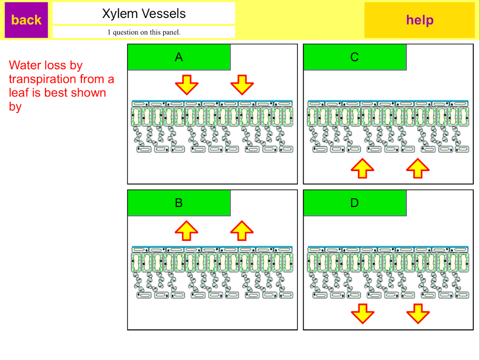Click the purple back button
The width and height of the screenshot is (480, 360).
[26, 20]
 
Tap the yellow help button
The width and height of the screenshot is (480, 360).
[419, 20]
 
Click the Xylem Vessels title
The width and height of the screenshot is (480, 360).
[144, 13]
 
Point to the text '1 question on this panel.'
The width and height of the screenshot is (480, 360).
[144, 32]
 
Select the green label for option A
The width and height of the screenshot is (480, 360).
[179, 57]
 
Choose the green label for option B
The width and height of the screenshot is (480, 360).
[179, 203]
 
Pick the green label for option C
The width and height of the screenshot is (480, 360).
[354, 57]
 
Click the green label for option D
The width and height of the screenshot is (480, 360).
[354, 203]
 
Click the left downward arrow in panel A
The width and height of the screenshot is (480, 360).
[187, 84]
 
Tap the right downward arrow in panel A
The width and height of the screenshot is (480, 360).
[242, 84]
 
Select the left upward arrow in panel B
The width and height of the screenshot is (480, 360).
[187, 230]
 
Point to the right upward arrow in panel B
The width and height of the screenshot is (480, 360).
[242, 230]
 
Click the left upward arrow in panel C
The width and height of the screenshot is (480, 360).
[362, 168]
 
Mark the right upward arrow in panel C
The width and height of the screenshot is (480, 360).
[417, 168]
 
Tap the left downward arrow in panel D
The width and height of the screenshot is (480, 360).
[362, 314]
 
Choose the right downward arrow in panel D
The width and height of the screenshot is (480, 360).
[417, 314]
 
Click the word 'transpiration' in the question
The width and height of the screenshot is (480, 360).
[43, 79]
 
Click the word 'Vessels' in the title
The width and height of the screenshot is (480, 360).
[165, 13]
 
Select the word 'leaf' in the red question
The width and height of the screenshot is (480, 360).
[18, 93]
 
